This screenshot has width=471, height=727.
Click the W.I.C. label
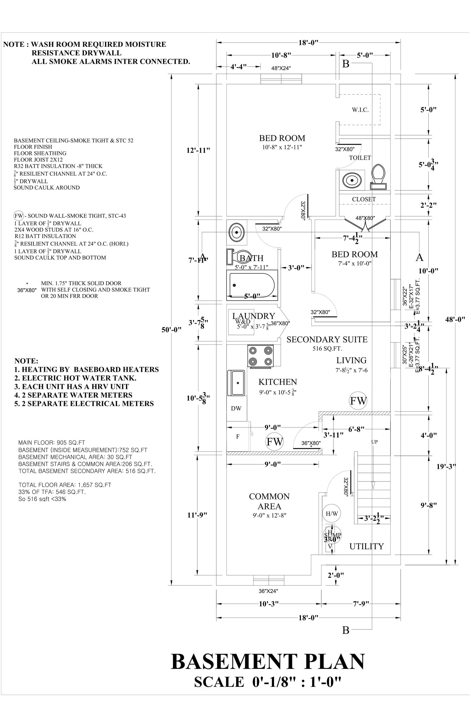[360, 110]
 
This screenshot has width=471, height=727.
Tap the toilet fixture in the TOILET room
[378, 177]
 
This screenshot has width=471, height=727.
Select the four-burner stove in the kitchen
[261, 356]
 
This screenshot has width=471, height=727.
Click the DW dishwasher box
[236, 408]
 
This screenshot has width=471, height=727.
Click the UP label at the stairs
[374, 442]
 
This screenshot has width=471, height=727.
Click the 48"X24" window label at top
[281, 68]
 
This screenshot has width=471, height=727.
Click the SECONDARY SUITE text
[327, 340]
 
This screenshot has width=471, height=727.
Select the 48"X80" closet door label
[365, 218]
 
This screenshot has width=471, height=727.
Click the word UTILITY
[366, 546]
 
